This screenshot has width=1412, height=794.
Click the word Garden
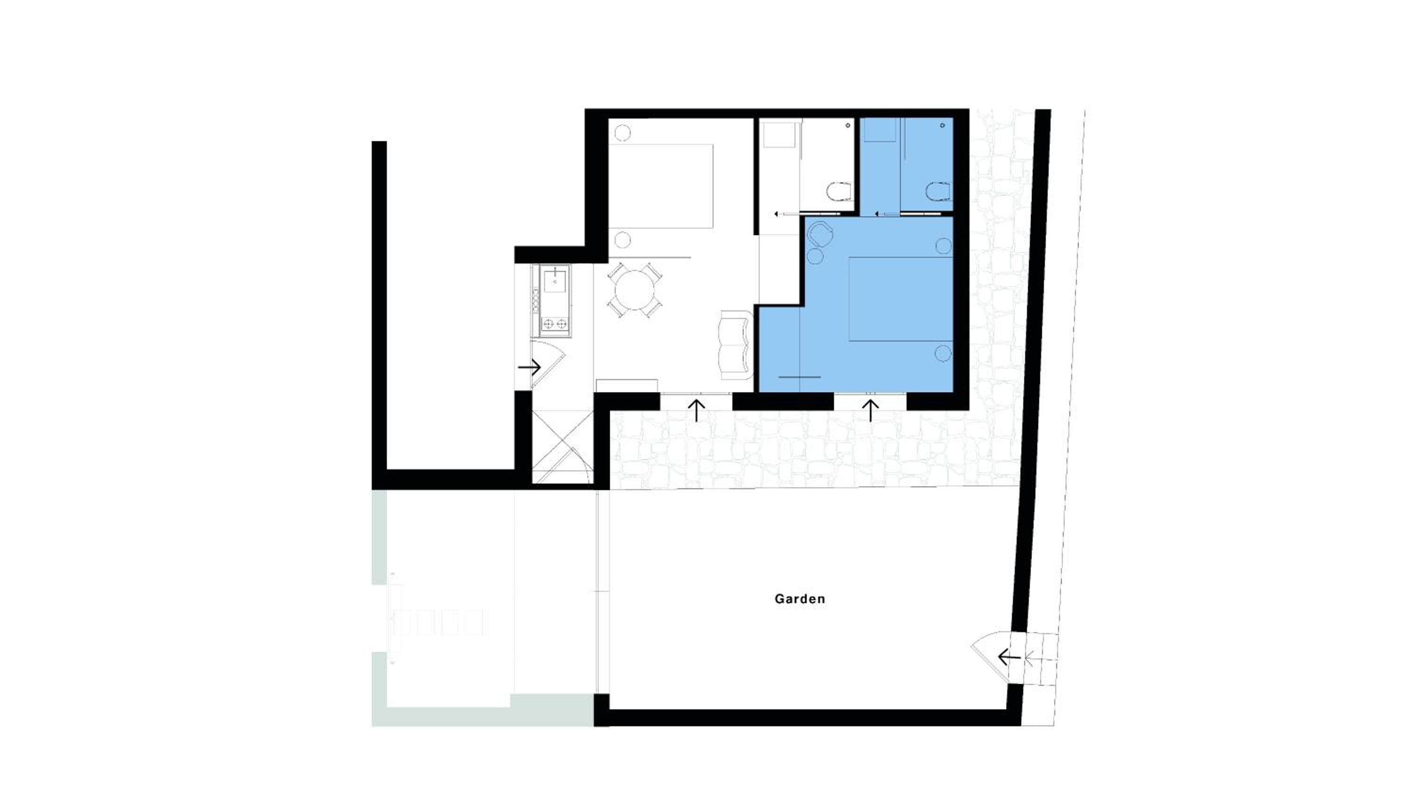click(800, 599)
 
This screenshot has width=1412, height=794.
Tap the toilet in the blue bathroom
click(939, 192)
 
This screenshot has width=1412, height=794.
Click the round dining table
click(635, 290)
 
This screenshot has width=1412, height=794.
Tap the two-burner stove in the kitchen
click(719, 325)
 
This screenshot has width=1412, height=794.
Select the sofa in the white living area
click(735, 345)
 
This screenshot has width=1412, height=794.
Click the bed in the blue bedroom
click(900, 299)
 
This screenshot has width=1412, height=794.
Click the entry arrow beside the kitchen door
click(529, 367)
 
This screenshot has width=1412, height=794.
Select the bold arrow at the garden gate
click(1010, 657)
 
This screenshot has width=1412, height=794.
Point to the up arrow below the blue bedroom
click(871, 411)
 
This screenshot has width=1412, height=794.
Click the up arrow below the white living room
click(697, 411)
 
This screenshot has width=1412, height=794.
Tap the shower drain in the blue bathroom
click(942, 126)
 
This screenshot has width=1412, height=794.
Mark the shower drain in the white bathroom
click(848, 126)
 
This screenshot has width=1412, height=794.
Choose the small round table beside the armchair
click(815, 256)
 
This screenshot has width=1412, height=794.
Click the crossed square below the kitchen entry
click(563, 446)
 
